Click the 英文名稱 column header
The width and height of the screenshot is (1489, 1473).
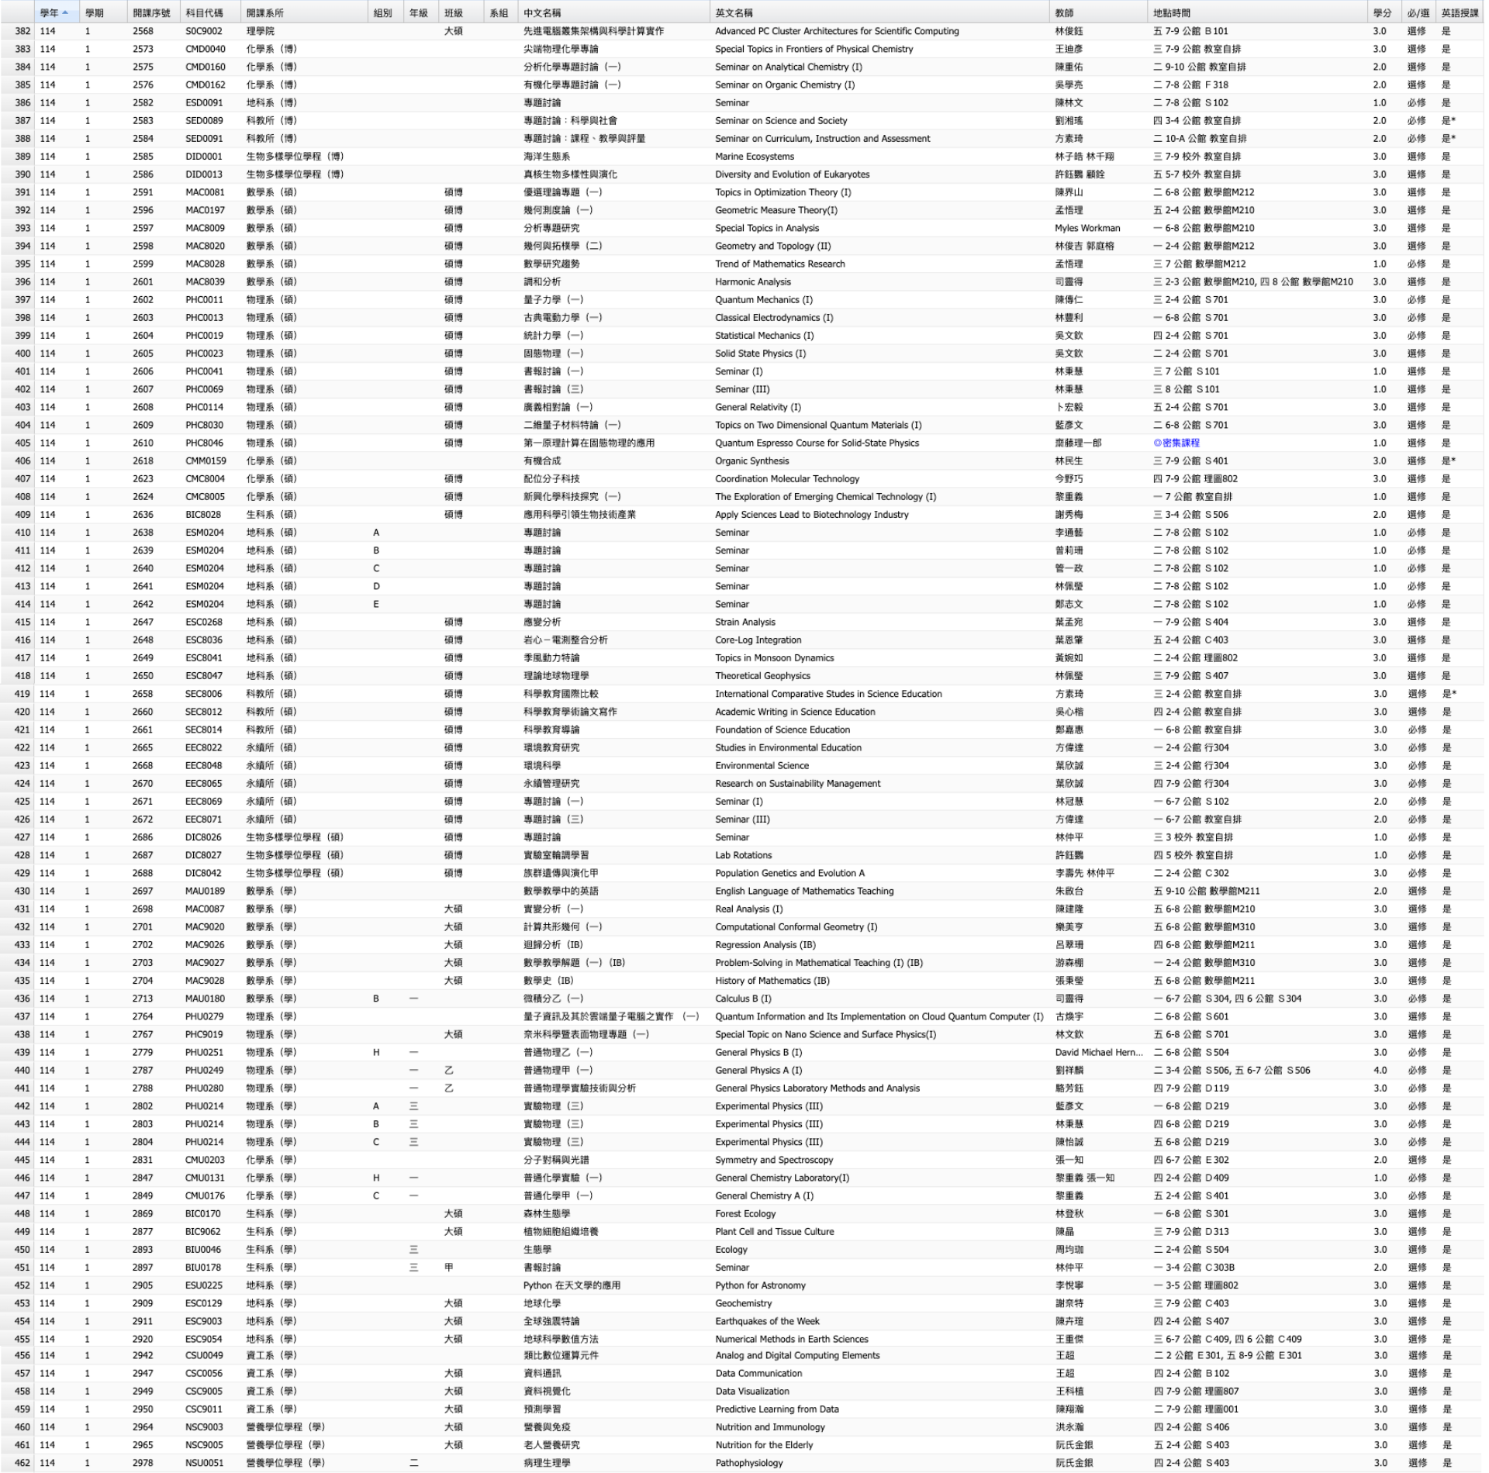click(734, 13)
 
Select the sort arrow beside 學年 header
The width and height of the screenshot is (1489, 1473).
click(65, 13)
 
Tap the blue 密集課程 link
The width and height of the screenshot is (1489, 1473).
click(1176, 443)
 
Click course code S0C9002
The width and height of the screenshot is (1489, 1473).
click(203, 31)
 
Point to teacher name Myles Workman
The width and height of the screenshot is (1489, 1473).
click(1087, 228)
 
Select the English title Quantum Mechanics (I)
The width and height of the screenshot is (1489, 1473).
click(764, 300)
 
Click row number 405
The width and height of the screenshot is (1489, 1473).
click(22, 443)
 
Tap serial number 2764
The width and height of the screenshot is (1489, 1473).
click(143, 1016)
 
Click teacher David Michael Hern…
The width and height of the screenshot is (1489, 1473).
click(1098, 1052)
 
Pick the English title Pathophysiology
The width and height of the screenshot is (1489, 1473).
click(748, 1463)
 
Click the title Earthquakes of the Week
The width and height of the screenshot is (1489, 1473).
click(767, 1321)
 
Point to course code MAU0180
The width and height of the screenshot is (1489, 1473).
click(205, 999)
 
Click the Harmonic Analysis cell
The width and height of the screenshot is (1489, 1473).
click(753, 282)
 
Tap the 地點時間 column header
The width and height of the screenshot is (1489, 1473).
click(1171, 13)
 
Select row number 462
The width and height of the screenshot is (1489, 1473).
click(22, 1463)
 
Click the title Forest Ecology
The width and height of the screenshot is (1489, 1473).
click(745, 1214)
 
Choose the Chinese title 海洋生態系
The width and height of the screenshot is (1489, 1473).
click(547, 157)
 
